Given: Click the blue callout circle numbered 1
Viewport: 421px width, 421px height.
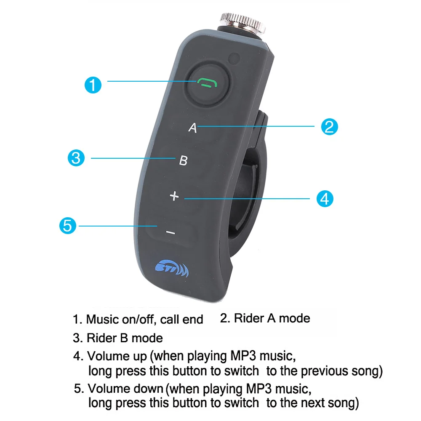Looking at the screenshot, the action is pyautogui.click(x=93, y=85).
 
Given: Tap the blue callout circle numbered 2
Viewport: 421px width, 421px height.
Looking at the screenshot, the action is pyautogui.click(x=329, y=126).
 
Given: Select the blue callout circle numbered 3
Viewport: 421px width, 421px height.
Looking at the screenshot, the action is pyautogui.click(x=76, y=158).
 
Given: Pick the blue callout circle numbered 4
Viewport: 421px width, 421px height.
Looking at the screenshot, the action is pyautogui.click(x=325, y=198).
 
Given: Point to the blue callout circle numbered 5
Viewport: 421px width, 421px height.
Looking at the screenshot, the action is pyautogui.click(x=68, y=226).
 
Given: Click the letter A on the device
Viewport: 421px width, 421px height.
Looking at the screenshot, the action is pyautogui.click(x=192, y=128).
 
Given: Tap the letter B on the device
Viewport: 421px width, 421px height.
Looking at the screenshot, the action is pyautogui.click(x=183, y=160).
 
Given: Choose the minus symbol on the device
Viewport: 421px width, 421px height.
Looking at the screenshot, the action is pyautogui.click(x=170, y=232).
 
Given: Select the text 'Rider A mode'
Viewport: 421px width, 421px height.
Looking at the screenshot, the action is pyautogui.click(x=272, y=318).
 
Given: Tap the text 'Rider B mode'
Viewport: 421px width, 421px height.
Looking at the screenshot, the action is pyautogui.click(x=125, y=338).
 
